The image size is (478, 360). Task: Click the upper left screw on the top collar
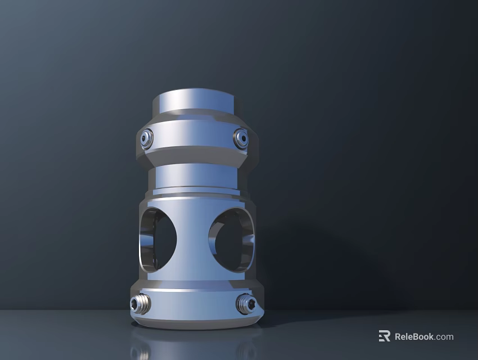[147, 138]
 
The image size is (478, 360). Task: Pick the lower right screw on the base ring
[245, 304]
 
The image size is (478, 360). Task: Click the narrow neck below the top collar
[194, 177]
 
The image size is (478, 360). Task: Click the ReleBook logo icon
[385, 336]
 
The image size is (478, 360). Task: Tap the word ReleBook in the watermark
[413, 337]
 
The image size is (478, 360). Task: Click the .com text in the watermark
[444, 337]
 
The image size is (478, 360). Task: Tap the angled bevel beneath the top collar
[194, 156]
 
